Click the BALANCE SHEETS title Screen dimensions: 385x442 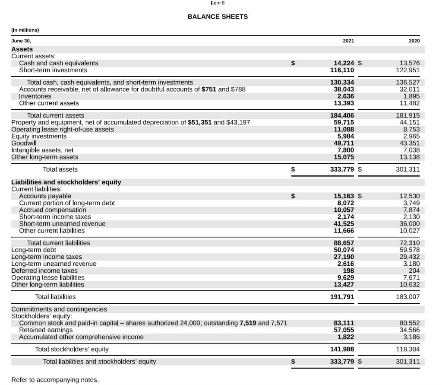click(x=218, y=16)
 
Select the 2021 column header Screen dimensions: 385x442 click(x=348, y=40)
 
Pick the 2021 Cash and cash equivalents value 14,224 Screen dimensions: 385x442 click(x=343, y=63)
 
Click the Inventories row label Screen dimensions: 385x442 click(x=35, y=96)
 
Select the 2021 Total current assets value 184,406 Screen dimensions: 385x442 click(x=342, y=115)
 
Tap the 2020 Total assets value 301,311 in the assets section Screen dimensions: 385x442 click(x=408, y=169)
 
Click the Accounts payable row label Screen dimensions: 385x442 click(x=45, y=196)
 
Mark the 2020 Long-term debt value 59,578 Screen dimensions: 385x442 click(x=410, y=250)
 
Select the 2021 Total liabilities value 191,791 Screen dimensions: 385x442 click(x=342, y=297)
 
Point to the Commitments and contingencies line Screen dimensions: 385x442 click(x=59, y=309)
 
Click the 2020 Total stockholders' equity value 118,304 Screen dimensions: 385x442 click(x=408, y=349)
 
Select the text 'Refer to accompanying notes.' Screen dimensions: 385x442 click(x=55, y=380)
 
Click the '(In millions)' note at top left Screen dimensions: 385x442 click(x=25, y=30)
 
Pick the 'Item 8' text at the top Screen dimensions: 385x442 click(x=218, y=3)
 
